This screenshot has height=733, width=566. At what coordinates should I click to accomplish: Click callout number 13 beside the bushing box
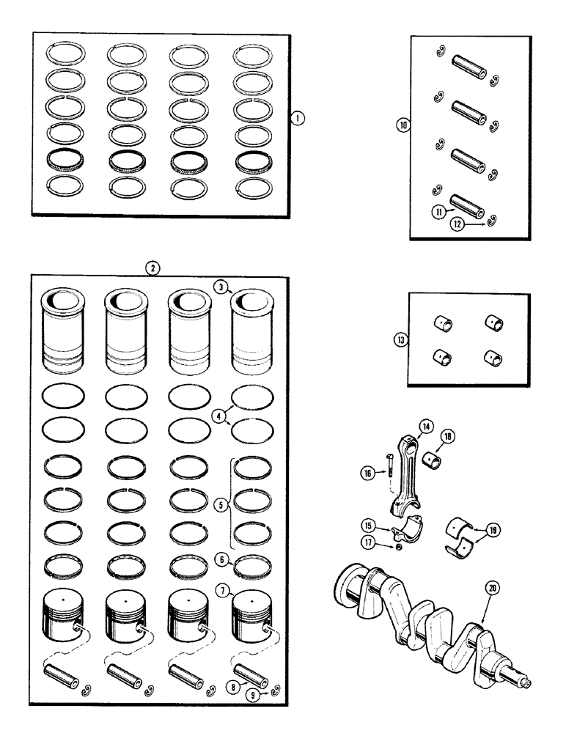(400, 339)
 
